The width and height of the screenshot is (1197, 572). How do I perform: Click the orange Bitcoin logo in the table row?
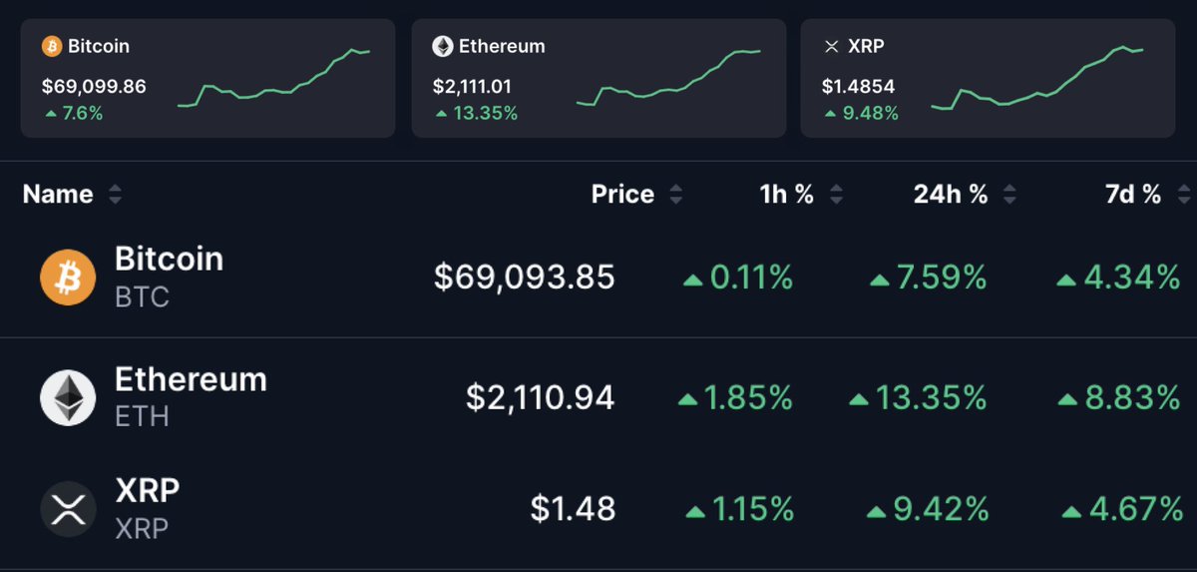(68, 278)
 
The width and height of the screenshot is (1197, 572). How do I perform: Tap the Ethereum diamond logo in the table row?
(68, 398)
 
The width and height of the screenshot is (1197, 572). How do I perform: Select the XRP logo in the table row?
(68, 510)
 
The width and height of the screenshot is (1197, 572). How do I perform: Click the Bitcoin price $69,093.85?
(524, 278)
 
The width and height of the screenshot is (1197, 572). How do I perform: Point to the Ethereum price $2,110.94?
(540, 398)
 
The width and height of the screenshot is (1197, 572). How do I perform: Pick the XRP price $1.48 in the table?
(573, 510)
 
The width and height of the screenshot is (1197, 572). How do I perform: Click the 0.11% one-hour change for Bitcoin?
(750, 278)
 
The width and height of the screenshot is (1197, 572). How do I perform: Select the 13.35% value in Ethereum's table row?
(931, 398)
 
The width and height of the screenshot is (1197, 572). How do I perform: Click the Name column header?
(58, 195)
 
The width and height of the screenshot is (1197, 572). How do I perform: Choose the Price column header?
(622, 195)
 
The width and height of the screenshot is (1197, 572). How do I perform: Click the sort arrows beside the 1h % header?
(836, 195)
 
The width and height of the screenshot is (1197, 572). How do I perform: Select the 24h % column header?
(951, 195)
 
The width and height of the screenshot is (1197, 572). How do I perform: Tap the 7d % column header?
(1133, 195)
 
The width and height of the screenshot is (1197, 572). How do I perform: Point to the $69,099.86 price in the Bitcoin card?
(94, 87)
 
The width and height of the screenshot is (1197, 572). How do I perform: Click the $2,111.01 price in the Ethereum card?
(471, 87)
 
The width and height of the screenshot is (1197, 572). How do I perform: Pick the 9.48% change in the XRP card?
(869, 114)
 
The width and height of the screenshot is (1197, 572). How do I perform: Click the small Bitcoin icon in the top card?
(51, 46)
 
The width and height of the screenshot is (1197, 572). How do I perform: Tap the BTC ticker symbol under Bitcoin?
(142, 297)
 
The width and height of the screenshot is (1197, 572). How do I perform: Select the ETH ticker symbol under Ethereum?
(142, 416)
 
